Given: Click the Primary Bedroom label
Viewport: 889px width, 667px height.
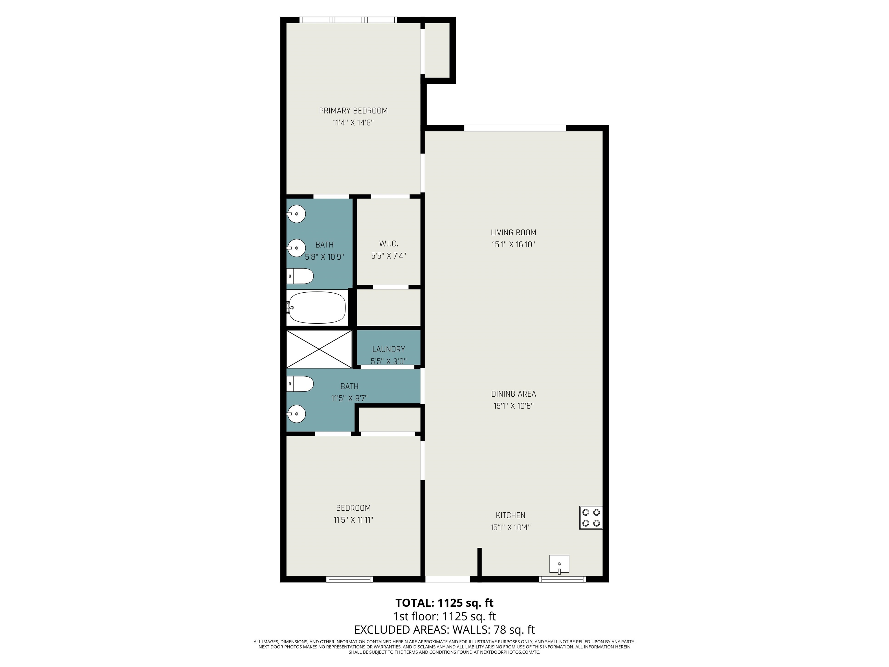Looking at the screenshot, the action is pos(353,111).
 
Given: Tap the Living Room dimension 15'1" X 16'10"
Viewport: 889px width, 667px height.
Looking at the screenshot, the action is pos(513,244).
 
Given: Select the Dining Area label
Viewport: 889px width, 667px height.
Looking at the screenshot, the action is pos(513,394).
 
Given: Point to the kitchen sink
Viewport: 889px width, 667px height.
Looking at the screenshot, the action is pos(559,564).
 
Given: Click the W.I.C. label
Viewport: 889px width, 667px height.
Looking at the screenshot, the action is pos(388,244).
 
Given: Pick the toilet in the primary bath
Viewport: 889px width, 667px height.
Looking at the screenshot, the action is pos(300,276).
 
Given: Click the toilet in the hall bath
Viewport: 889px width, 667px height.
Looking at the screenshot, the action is pos(300,384).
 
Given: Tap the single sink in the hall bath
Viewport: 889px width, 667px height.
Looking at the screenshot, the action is pos(296,414).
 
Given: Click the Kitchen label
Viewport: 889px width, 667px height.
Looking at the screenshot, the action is pos(510,515).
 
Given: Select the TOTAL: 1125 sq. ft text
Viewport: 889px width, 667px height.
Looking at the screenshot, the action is pos(444,603).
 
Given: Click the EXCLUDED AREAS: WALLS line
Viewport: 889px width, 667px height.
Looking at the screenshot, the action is pos(444,630).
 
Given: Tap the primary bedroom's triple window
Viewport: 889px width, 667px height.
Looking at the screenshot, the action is pos(348,20).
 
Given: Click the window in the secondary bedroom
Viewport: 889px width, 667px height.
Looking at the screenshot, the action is pos(350,579).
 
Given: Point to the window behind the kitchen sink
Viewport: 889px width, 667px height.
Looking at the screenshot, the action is pos(562,579).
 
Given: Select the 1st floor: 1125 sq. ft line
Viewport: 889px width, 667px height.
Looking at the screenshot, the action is pos(444,616).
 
